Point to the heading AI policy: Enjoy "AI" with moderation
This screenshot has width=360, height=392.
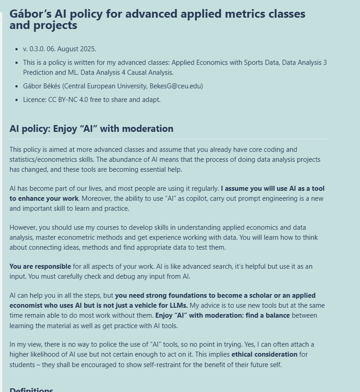[91, 129]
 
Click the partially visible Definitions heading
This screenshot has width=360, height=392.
[31, 389]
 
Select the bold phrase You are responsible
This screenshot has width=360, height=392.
[40, 266]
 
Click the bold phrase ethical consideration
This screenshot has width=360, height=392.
[264, 354]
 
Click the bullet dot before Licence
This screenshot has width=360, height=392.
[17, 100]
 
